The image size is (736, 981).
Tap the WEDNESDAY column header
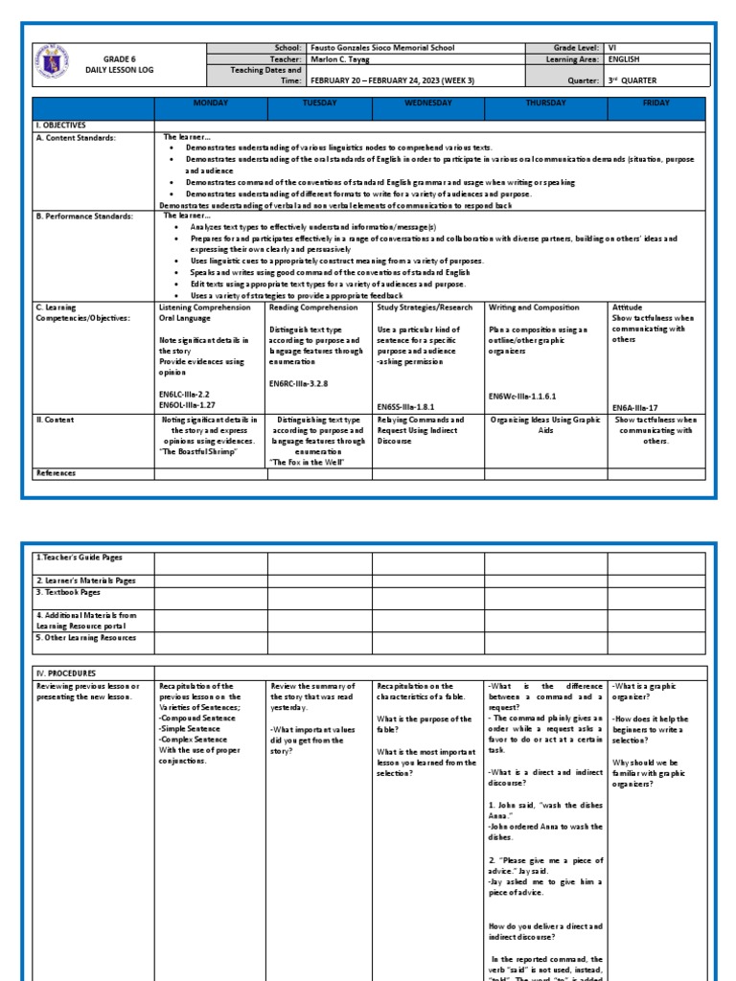click(x=428, y=103)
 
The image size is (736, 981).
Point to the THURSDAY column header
click(x=545, y=103)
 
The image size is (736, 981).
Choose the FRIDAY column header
click(x=655, y=103)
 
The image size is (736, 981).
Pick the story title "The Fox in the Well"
click(x=308, y=462)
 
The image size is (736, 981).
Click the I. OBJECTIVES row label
click(x=61, y=125)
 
